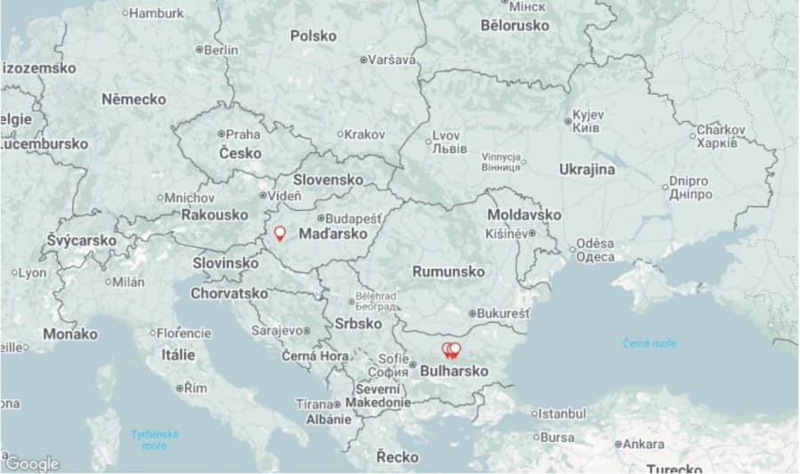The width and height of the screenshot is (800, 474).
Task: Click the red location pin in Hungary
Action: tap(279, 233)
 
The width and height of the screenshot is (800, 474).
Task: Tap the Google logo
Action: tap(32, 463)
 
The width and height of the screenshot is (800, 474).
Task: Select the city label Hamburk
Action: tap(156, 13)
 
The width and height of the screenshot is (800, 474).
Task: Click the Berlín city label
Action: tap(220, 51)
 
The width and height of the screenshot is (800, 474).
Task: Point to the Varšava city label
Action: tap(391, 60)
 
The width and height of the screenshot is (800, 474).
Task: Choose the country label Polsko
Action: tap(313, 36)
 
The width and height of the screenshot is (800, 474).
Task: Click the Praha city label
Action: tap(243, 134)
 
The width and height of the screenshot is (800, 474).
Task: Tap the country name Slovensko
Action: tap(328, 180)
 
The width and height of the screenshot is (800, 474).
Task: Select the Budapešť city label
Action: tap(353, 218)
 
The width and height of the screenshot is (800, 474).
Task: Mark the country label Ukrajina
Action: tap(587, 169)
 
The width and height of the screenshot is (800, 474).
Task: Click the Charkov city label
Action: tap(720, 130)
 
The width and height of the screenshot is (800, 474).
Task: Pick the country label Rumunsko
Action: tap(448, 271)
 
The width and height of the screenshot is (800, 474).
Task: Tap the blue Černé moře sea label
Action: tap(649, 342)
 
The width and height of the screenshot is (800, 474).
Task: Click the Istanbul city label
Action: tap(563, 414)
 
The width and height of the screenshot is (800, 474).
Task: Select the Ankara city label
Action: tap(644, 444)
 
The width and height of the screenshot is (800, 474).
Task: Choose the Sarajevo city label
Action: tap(277, 330)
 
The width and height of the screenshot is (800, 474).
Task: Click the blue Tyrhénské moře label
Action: tap(155, 439)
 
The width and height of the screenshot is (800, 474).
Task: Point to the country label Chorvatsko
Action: tap(229, 293)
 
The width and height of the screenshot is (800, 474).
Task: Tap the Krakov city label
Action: tap(364, 134)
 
